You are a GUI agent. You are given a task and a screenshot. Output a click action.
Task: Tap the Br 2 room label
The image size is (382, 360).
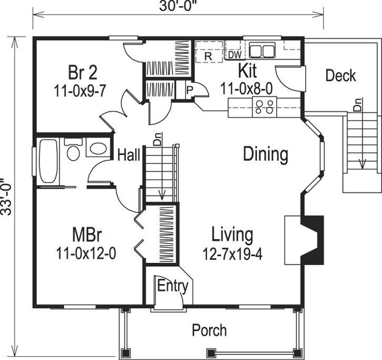pos(83,72)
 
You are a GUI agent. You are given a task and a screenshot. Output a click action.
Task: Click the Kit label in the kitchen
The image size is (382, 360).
pos(247,70)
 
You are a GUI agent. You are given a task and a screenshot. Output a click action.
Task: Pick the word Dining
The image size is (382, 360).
pos(266,154)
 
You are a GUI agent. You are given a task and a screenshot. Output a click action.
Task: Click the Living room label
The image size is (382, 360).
pos(232,234)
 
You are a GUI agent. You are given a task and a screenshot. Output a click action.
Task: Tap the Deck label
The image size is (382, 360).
pos(340,75)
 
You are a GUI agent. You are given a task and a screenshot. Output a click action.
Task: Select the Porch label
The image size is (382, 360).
pos(209,330)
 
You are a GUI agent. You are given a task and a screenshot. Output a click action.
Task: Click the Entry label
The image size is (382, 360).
pos(173,286)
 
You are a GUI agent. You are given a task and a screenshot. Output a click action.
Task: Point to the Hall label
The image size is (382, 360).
pos(129,155)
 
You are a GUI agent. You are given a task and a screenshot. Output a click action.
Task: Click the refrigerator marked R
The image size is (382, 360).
pos(208,54)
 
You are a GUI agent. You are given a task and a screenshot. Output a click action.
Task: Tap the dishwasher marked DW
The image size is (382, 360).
pos(234,54)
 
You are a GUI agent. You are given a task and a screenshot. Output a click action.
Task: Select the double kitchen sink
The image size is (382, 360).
pos(262,51)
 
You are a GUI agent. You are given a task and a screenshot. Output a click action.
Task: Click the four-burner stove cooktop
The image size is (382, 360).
pos(264,108)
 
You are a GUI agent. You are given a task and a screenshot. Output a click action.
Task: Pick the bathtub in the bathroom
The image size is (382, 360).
pos(48,160)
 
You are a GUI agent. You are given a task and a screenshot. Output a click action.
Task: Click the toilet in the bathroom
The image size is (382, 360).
pos(73,150)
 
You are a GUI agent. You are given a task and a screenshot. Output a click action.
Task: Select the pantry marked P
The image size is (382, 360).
pos(189,90)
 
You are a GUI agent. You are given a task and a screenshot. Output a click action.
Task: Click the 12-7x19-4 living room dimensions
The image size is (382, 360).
pos(232,254)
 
